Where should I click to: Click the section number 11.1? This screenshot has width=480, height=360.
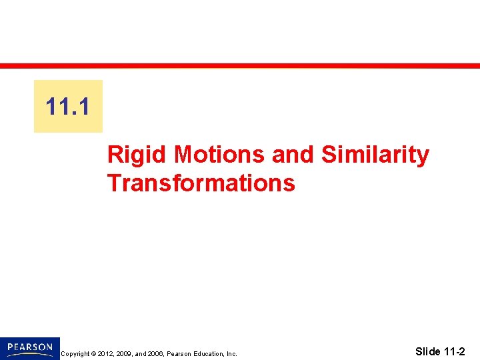pos(69,106)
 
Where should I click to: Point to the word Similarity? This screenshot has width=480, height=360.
pos(375,155)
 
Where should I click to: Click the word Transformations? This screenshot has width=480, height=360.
pos(201,183)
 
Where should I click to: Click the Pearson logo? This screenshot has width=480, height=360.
pos(30,348)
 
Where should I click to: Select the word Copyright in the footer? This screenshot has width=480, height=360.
pos(74,354)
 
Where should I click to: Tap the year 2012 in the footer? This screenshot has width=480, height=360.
pos(105,354)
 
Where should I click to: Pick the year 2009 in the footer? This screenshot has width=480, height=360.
pos(125,354)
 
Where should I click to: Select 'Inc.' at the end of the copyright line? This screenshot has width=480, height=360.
pos(231,354)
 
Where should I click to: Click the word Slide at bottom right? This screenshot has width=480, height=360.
pos(427,351)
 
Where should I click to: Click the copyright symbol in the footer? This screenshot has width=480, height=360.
pos(92,354)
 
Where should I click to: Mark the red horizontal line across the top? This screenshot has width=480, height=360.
pos(240,65)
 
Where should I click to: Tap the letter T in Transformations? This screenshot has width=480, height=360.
pos(113,183)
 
